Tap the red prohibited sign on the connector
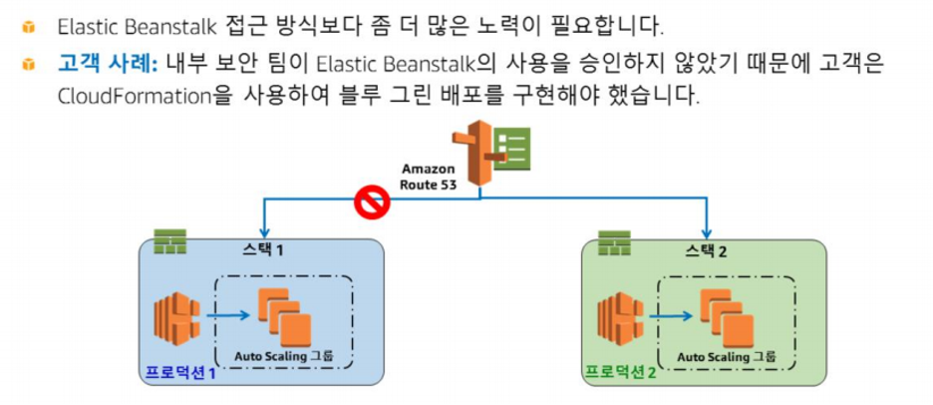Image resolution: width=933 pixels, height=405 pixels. click(371, 202)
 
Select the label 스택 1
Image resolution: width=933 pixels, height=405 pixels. click(263, 249)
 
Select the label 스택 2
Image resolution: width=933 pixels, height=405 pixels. click(708, 249)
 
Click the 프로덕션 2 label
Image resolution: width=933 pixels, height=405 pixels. click(620, 373)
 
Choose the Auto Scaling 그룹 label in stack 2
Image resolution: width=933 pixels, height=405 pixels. click(727, 356)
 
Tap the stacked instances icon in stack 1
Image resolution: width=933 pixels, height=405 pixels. click(284, 313)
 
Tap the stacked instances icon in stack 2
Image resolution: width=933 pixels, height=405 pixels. click(728, 314)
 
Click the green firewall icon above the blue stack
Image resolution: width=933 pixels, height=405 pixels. click(169, 242)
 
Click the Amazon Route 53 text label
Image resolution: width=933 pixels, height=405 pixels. click(428, 177)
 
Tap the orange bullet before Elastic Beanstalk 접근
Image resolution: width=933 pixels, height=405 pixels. click(29, 24)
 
